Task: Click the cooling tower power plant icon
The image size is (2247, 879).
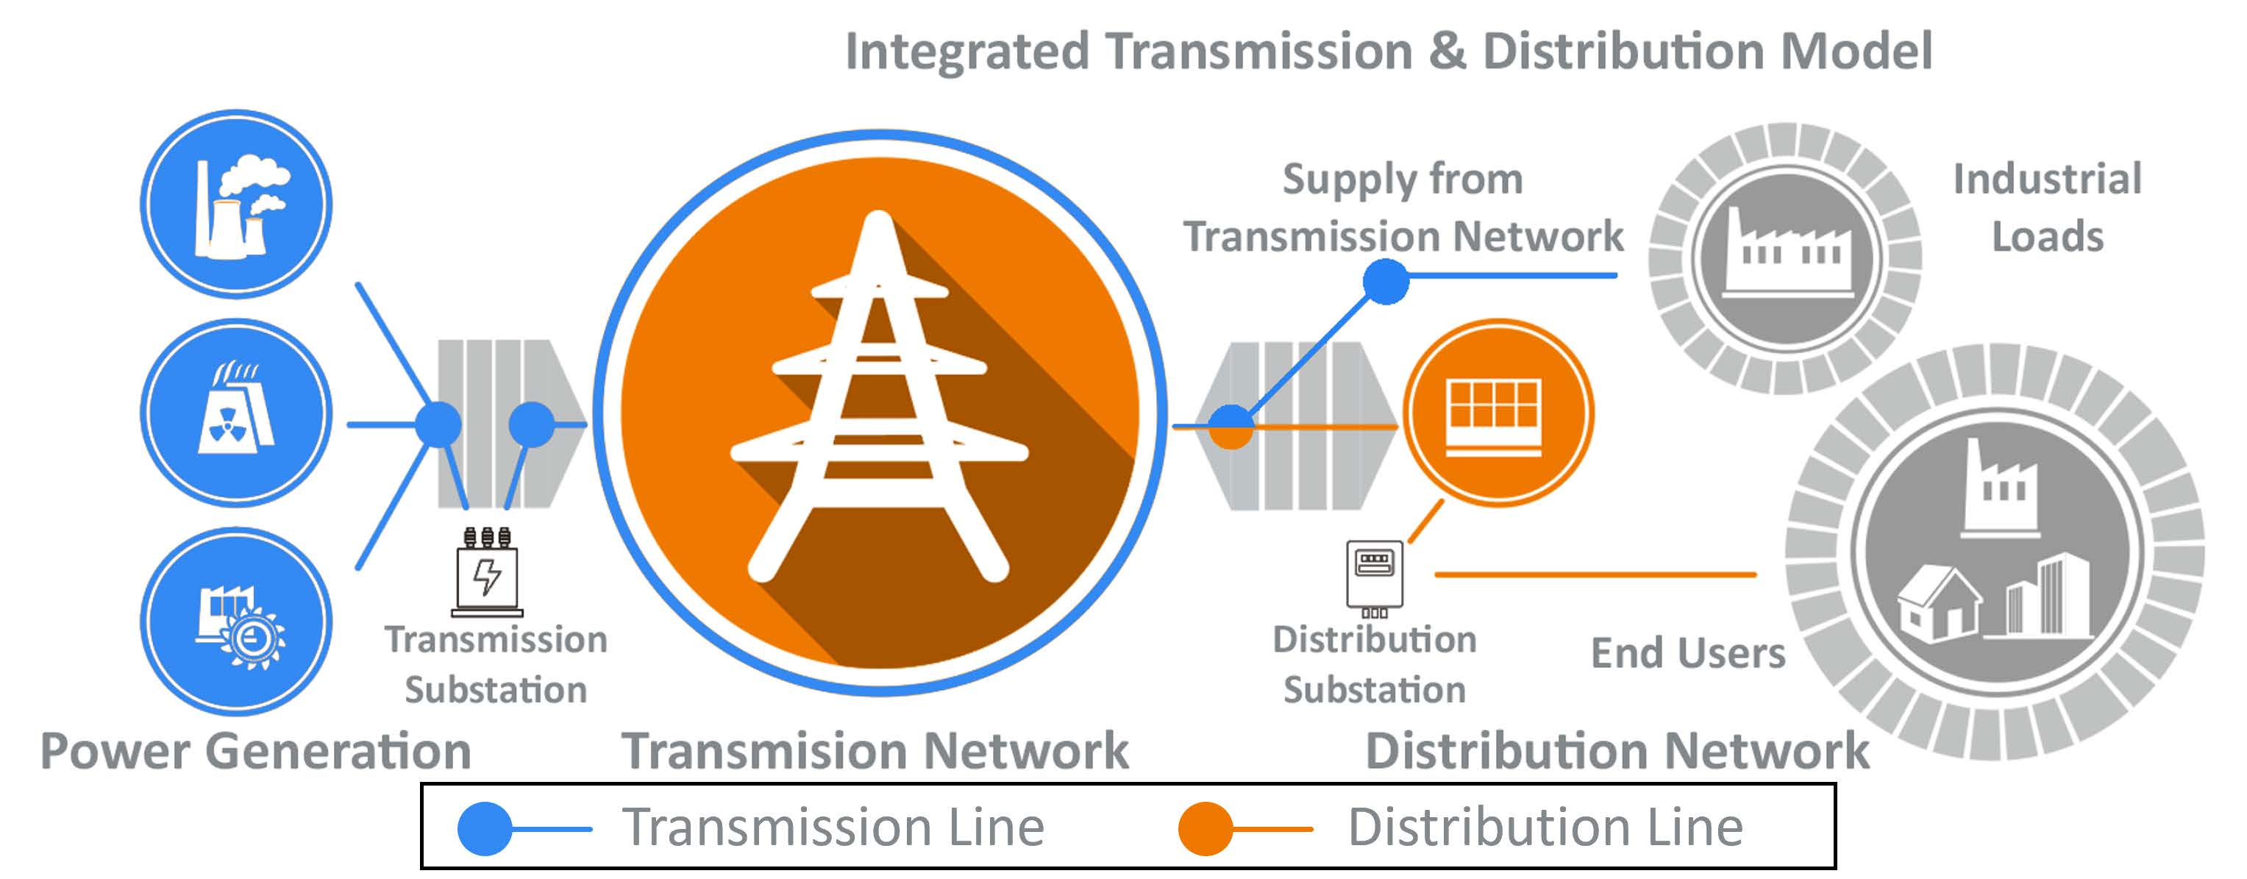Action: click(235, 205)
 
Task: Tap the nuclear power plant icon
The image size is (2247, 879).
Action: click(235, 413)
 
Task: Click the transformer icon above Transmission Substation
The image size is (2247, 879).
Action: click(488, 572)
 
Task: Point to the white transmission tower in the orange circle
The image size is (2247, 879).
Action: click(879, 401)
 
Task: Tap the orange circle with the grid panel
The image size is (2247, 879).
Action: click(1497, 413)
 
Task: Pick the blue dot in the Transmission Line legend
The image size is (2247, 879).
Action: click(484, 828)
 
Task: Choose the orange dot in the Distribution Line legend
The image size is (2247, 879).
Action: click(1205, 828)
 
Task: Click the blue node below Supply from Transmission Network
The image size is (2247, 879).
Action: click(1385, 281)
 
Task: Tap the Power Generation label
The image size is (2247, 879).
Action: click(255, 752)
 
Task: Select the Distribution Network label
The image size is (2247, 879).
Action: click(1617, 752)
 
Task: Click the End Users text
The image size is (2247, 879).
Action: click(1687, 653)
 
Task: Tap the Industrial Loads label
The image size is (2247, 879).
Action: click(2046, 207)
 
